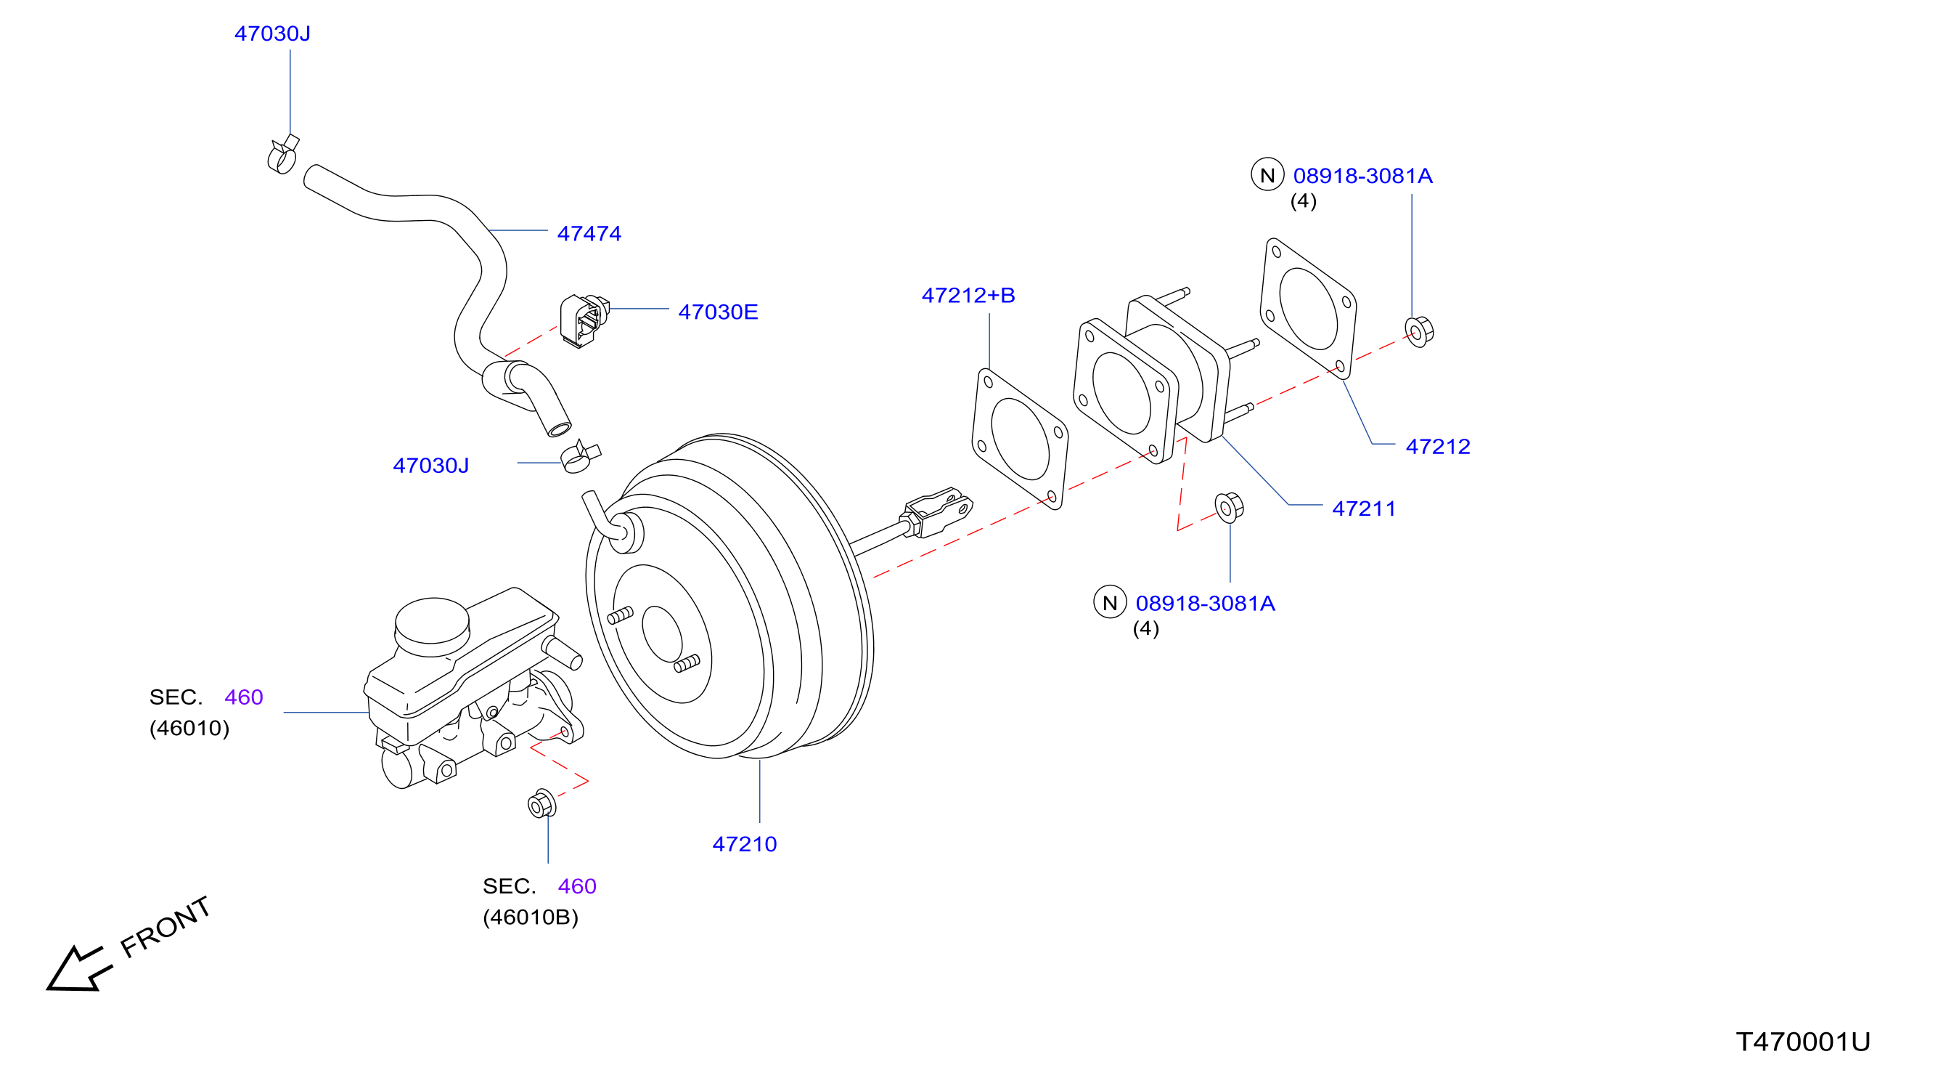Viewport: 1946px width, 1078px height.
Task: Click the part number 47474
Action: (x=589, y=234)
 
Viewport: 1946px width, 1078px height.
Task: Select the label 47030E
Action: (x=718, y=312)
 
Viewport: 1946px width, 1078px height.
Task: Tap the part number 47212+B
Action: (x=968, y=296)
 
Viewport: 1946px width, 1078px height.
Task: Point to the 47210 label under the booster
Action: (x=744, y=844)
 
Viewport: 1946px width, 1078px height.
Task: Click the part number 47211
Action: (x=1364, y=508)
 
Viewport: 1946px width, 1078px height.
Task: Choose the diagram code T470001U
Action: (x=1802, y=1042)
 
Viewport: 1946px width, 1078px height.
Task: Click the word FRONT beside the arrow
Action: (x=165, y=927)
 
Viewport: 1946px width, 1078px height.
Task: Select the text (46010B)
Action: (x=531, y=917)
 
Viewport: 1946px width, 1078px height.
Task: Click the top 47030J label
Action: (x=272, y=34)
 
